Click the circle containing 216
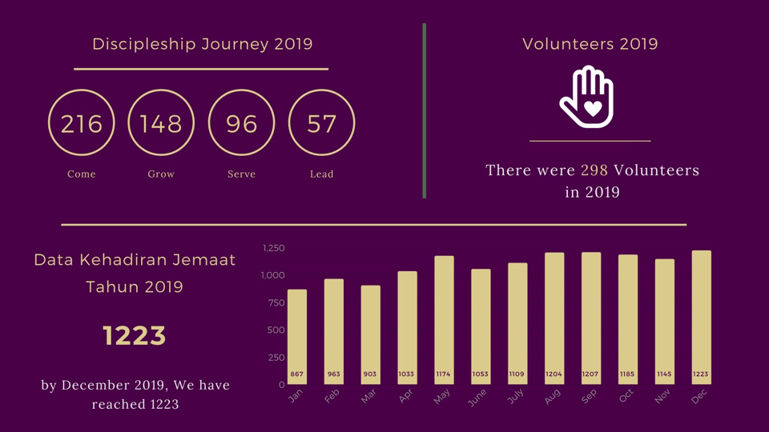pos(82,123)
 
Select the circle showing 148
pos(161,123)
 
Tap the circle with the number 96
pos(241,123)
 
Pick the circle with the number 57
pos(321,123)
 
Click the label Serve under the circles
pos(241,174)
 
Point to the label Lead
pos(321,174)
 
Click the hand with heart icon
pos(587,97)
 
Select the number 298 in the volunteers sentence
pos(594,170)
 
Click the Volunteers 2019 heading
pos(590,44)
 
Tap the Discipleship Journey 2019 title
pos(202,44)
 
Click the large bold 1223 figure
pos(135,336)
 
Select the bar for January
pos(297,336)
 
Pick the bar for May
pos(444,320)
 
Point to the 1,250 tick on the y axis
pos(273,248)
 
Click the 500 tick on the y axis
pos(276,330)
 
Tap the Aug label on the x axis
pos(552,396)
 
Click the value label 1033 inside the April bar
pos(407,374)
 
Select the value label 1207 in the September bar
pos(591,374)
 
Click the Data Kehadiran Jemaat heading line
pos(135,260)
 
